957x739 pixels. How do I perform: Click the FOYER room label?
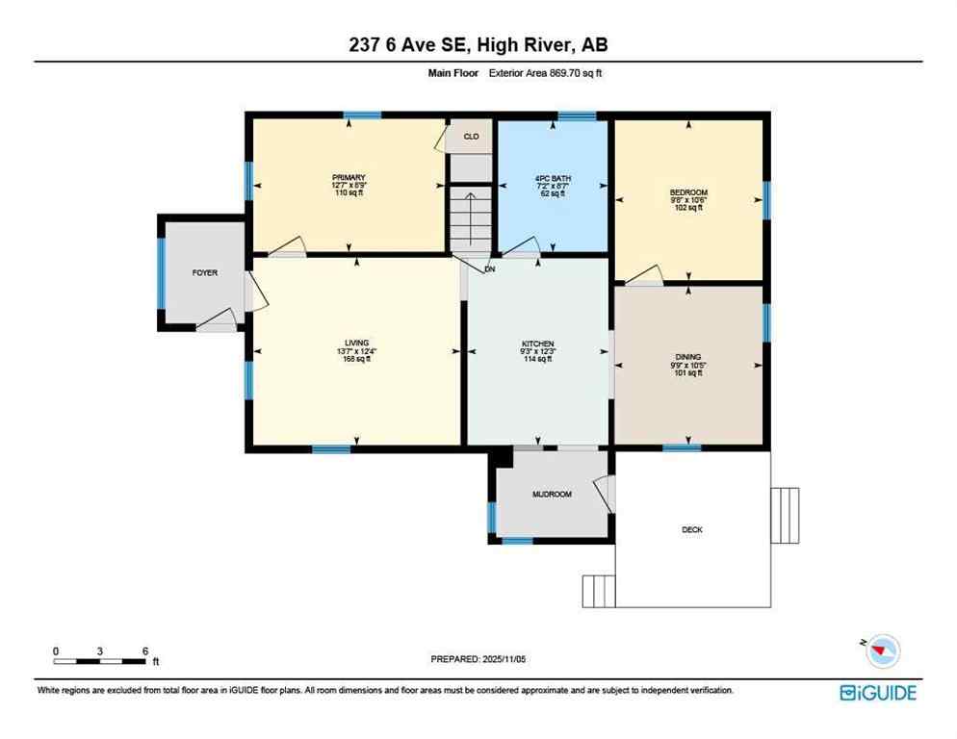204,273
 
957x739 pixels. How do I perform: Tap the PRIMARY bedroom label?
349,178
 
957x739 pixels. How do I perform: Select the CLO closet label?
471,137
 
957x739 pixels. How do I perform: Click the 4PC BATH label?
552,178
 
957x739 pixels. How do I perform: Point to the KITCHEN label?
537,344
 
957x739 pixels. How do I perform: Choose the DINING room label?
687,356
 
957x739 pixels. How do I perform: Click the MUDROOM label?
552,495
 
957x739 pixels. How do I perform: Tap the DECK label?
691,530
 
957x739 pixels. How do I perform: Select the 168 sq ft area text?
356,361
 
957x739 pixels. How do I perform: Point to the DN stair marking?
489,269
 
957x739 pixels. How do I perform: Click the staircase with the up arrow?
471,219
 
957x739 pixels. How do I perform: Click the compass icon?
881,651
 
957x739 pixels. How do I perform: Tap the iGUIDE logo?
877,693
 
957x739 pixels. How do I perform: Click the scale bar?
100,661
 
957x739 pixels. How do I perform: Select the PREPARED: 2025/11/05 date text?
478,659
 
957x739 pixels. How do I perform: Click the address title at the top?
478,44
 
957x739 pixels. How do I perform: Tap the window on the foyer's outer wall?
161,272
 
